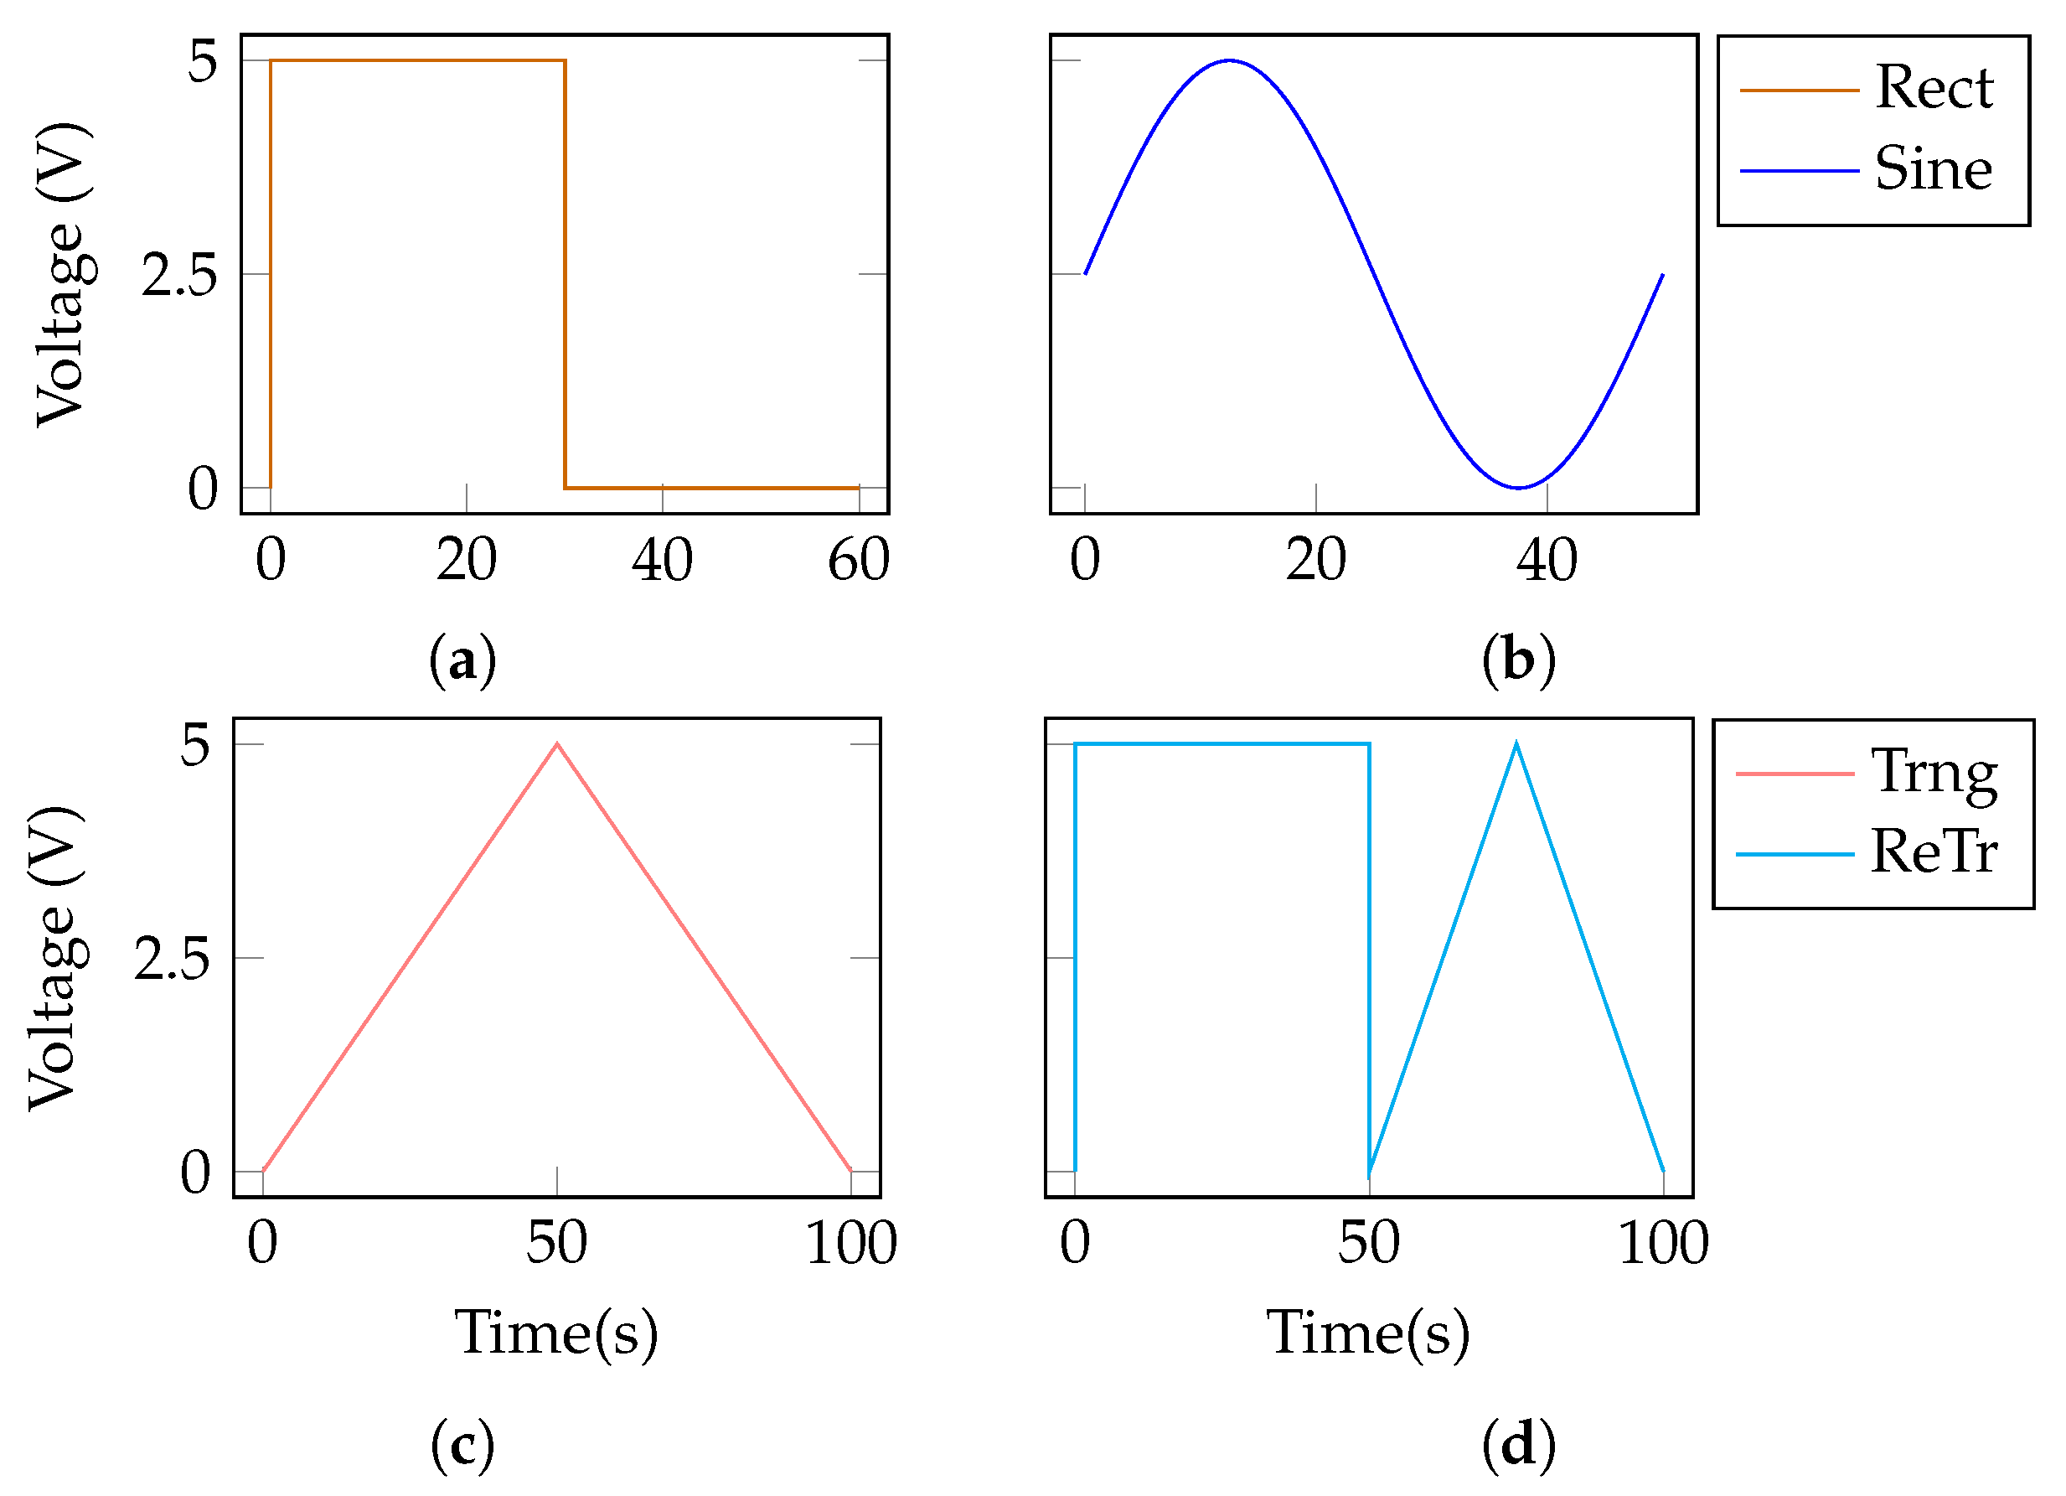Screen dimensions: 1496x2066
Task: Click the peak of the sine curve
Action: (x=1229, y=61)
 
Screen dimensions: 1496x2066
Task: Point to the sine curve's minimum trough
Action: (x=1519, y=488)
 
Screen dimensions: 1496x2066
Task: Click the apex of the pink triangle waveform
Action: (x=557, y=744)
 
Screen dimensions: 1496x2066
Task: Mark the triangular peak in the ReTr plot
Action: (x=1516, y=744)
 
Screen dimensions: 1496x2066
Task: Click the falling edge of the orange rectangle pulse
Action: (x=565, y=273)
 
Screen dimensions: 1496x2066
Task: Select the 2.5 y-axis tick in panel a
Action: (x=179, y=274)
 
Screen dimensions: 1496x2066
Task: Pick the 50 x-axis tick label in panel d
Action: (x=1368, y=1243)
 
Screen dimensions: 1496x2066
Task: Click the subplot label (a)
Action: (x=462, y=660)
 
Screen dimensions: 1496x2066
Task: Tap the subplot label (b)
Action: (x=1517, y=660)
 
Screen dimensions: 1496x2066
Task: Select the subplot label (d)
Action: (x=1517, y=1445)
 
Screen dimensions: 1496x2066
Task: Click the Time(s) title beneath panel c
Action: (x=555, y=1333)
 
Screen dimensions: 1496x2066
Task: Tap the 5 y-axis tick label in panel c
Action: (x=195, y=746)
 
